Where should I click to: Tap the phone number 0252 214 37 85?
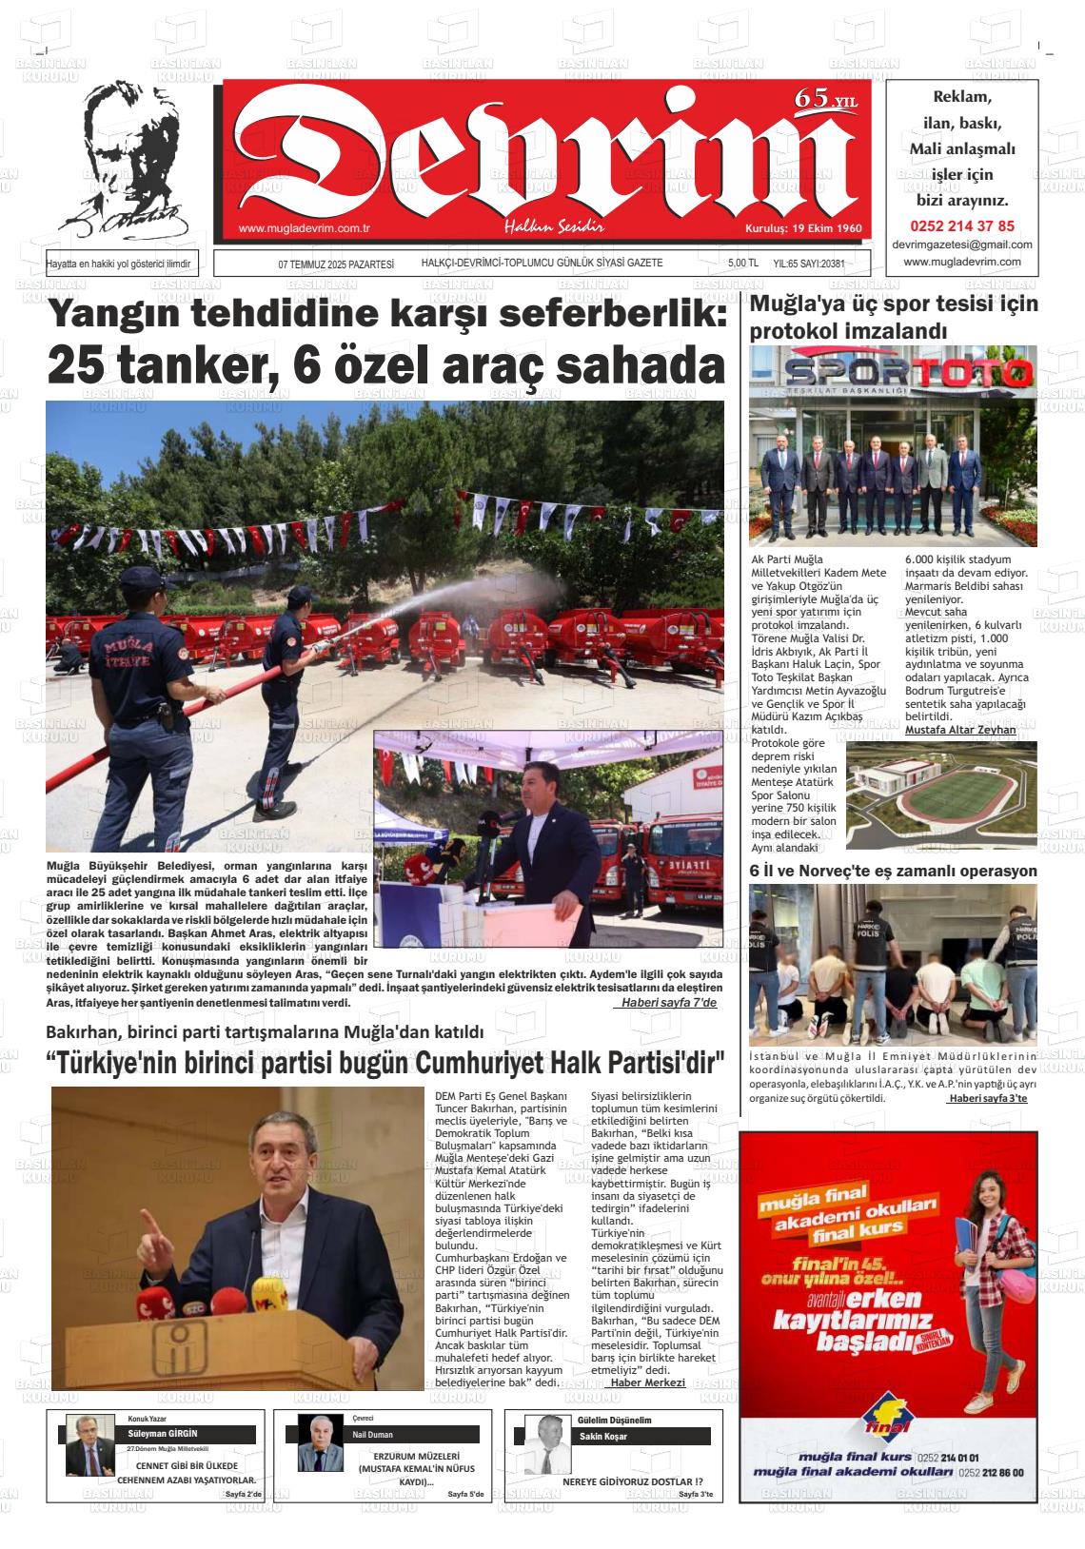(962, 226)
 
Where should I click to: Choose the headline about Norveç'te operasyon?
(893, 871)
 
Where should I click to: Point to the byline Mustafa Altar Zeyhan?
(960, 729)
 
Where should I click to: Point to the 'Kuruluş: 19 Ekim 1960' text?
(802, 229)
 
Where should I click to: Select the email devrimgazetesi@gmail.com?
(962, 245)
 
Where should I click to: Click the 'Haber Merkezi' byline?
(647, 1382)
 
